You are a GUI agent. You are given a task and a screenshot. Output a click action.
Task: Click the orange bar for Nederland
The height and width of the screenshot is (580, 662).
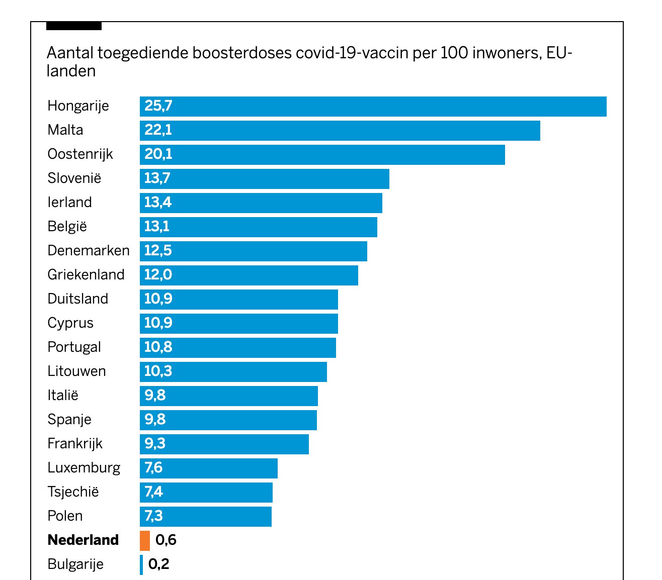pos(145,540)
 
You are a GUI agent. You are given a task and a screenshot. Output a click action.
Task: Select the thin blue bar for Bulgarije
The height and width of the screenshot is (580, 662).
pos(141,564)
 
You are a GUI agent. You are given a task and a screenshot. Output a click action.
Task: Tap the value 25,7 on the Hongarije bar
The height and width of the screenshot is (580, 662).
pos(158,106)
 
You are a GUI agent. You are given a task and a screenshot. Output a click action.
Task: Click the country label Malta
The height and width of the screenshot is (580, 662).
pos(65,130)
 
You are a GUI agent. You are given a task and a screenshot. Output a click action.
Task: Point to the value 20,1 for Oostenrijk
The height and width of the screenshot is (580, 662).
pos(158,154)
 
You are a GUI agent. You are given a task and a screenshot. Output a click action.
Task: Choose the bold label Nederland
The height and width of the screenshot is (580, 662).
pos(83,540)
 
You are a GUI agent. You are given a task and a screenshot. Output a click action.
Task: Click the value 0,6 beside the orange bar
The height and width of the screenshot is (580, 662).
pos(166,540)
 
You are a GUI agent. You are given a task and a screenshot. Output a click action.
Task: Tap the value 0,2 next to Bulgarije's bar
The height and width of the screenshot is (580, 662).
pos(159,564)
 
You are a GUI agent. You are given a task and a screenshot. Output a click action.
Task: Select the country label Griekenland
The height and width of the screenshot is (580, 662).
pos(86,275)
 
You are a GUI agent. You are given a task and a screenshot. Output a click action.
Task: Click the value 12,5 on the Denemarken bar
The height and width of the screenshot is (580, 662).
pos(158,251)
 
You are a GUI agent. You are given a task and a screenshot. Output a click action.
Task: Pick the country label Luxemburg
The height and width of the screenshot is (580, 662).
pos(84,468)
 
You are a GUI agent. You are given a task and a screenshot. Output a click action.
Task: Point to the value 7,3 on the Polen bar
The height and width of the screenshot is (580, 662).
pos(154,516)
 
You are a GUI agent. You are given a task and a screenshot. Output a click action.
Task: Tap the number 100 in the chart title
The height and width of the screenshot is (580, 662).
pos(454,53)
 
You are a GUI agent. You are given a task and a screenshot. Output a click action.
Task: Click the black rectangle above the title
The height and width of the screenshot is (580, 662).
pos(74,26)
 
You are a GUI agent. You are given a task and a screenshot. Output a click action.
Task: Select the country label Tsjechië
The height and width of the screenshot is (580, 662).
pos(73,492)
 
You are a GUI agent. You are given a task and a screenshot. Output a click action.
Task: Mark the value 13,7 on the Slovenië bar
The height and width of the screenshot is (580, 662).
pos(157,178)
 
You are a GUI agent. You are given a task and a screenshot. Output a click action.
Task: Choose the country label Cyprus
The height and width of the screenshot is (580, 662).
pos(70,323)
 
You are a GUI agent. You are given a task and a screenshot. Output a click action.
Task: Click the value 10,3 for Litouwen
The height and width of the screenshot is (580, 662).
pos(158,371)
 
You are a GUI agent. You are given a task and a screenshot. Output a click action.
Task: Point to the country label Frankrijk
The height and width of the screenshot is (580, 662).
pos(75,444)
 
